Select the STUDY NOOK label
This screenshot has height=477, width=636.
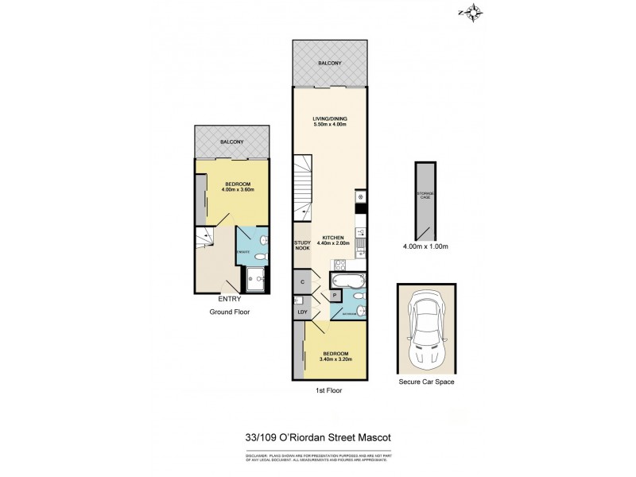click(x=302, y=246)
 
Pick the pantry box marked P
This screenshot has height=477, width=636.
click(x=333, y=295)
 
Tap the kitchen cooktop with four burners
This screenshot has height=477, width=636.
click(x=360, y=196)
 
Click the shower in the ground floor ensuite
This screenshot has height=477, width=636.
click(x=257, y=277)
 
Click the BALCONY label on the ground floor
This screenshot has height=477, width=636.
click(x=232, y=142)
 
